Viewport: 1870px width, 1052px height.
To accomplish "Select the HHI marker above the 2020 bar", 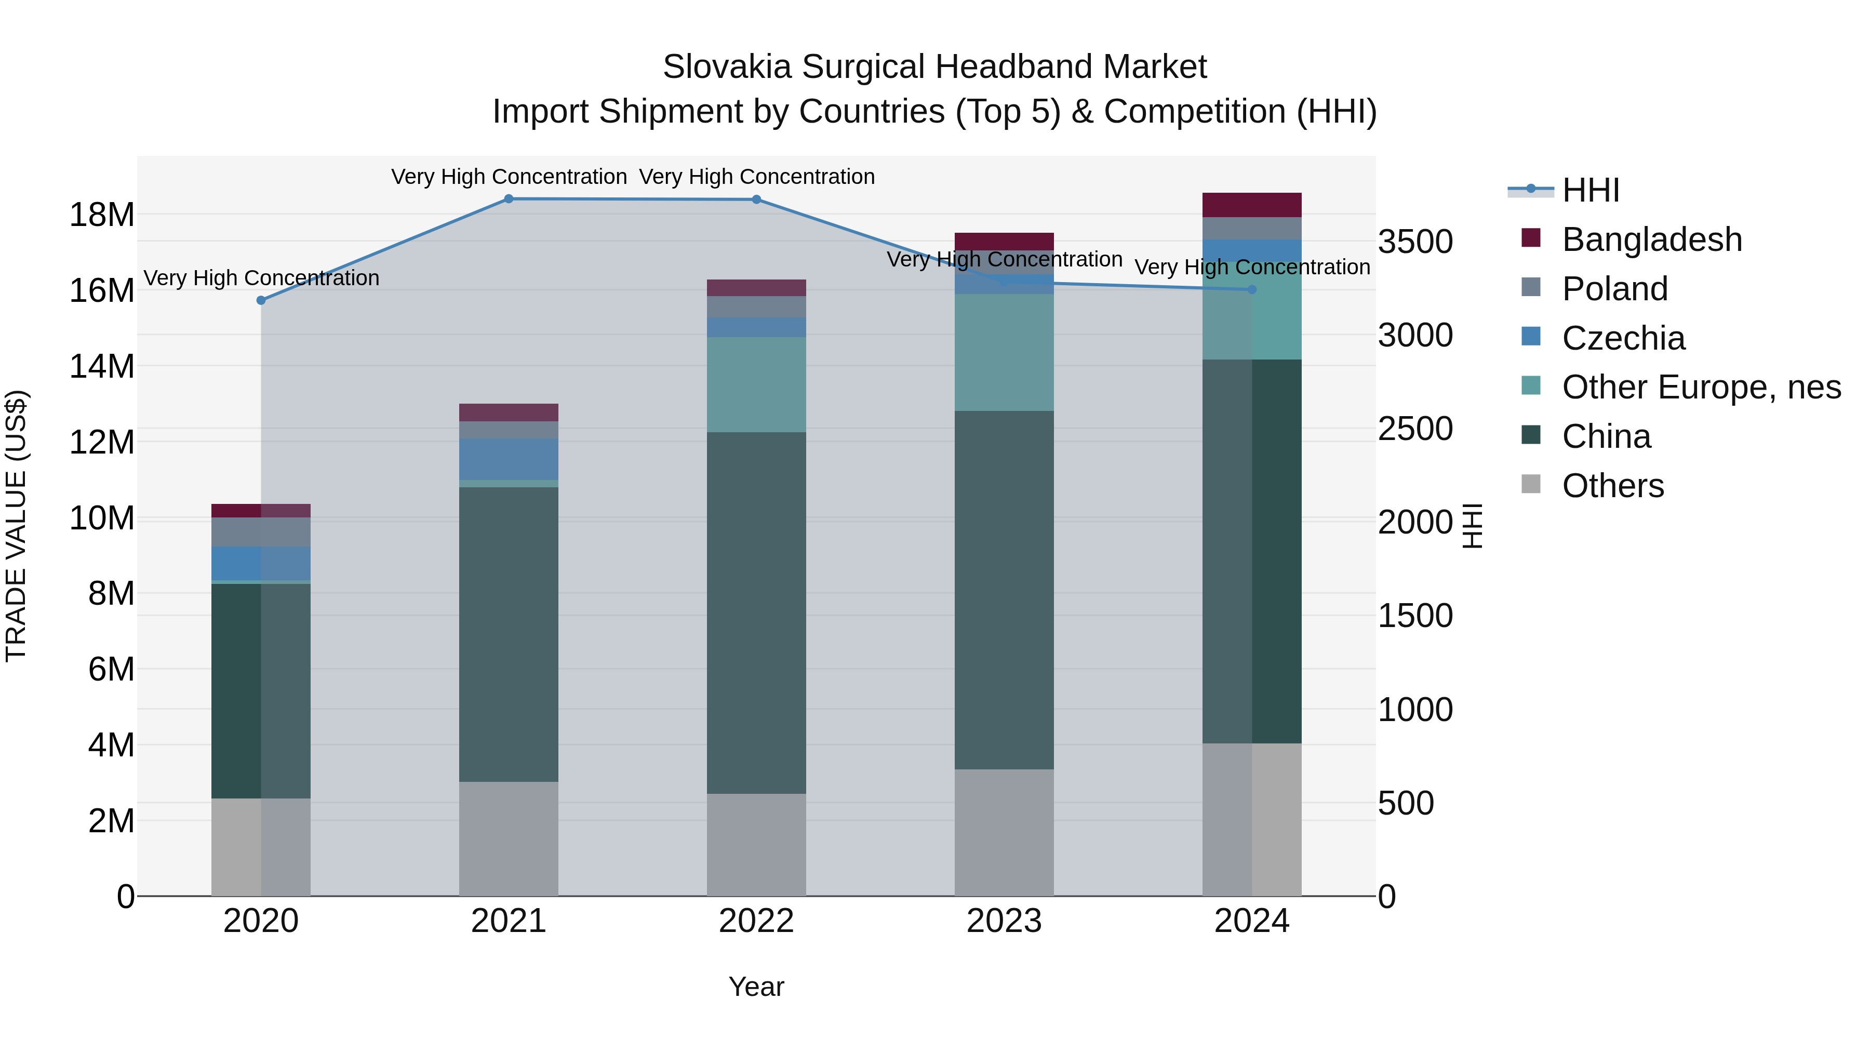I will coord(261,300).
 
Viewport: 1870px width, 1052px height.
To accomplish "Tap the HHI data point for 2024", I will coord(1251,290).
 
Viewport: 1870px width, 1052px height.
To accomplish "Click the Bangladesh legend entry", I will coord(1651,239).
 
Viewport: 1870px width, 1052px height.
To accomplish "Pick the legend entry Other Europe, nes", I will coord(1700,387).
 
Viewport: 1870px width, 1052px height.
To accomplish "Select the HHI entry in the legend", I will coord(1590,190).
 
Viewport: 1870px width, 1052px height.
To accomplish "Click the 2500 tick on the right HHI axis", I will coord(1415,429).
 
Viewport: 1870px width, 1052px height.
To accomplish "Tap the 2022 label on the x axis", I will coord(756,921).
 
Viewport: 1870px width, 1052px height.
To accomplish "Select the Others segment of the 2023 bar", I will coord(1004,832).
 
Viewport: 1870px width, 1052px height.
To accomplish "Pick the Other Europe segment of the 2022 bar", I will coord(756,385).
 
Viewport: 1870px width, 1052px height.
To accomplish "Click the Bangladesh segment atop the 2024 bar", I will coord(1251,205).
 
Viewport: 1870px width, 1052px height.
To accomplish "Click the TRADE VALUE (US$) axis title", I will coord(16,526).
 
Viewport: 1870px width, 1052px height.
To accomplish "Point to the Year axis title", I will coord(756,987).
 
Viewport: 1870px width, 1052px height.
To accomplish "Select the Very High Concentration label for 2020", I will coord(261,278).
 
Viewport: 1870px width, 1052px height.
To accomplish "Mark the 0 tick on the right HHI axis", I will coord(1386,897).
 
